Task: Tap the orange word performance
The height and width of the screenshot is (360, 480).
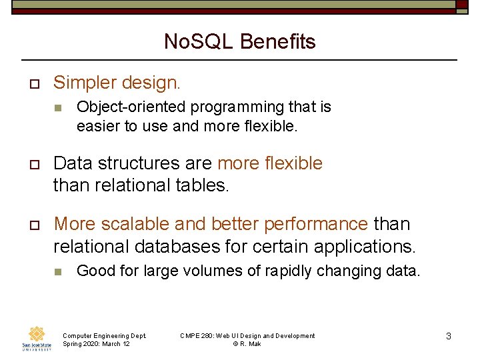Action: point(315,224)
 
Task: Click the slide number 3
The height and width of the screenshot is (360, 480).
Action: point(448,337)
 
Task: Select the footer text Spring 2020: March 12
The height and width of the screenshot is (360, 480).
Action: point(96,344)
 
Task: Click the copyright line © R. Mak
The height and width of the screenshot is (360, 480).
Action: point(247,344)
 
